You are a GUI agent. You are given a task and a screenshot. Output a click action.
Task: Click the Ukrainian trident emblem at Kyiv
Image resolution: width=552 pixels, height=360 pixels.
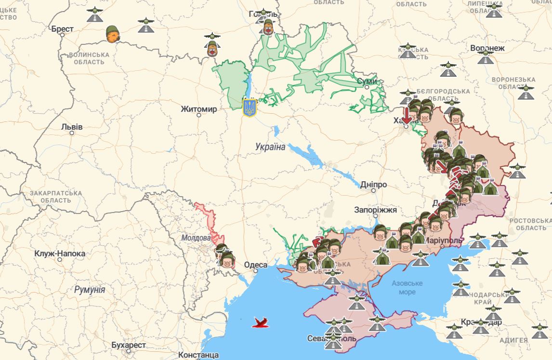(249, 107)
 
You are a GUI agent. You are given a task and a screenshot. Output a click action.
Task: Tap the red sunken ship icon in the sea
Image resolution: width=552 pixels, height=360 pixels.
(261, 322)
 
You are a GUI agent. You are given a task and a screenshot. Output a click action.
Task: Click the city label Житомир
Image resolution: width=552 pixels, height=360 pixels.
(199, 109)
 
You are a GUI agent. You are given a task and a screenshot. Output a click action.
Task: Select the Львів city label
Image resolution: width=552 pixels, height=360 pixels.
(72, 127)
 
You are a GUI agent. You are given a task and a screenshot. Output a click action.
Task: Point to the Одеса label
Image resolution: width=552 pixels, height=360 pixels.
(256, 265)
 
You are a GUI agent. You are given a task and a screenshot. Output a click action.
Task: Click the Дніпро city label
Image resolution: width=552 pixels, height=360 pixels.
(373, 185)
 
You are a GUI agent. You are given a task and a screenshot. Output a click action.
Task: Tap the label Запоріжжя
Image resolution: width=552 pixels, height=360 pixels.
(375, 210)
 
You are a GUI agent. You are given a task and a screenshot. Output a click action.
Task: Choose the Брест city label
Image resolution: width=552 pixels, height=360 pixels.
(63, 29)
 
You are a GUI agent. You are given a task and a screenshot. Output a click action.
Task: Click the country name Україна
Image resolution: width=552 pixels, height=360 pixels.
(271, 147)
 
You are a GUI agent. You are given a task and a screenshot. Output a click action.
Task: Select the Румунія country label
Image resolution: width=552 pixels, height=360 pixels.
(90, 290)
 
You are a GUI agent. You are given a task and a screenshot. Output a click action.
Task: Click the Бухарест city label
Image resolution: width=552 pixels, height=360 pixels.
(129, 345)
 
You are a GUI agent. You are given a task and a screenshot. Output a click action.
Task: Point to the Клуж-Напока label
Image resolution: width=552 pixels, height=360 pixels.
(60, 253)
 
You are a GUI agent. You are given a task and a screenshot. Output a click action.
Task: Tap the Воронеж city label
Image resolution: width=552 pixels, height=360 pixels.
(487, 49)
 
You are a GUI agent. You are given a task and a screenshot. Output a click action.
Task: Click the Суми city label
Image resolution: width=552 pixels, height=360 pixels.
(367, 81)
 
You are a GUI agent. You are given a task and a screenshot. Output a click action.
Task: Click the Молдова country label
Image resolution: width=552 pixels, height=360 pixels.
(196, 238)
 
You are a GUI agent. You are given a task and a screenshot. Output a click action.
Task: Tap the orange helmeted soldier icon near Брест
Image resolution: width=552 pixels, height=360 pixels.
(113, 34)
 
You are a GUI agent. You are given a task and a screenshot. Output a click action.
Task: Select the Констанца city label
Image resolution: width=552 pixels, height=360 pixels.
(198, 355)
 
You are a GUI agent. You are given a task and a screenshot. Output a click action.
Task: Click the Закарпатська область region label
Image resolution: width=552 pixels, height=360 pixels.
(55, 197)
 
